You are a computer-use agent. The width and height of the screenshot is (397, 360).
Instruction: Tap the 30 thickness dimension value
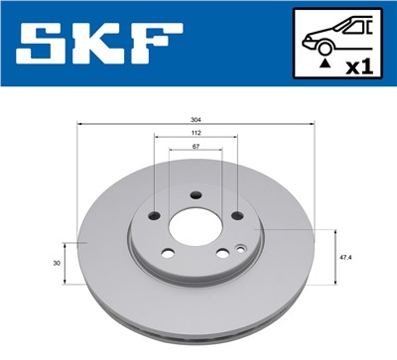tap(57, 262)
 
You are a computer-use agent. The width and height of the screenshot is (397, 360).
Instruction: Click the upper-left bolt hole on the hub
tap(153, 215)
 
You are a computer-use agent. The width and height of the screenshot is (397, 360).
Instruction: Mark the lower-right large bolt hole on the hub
tap(222, 253)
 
